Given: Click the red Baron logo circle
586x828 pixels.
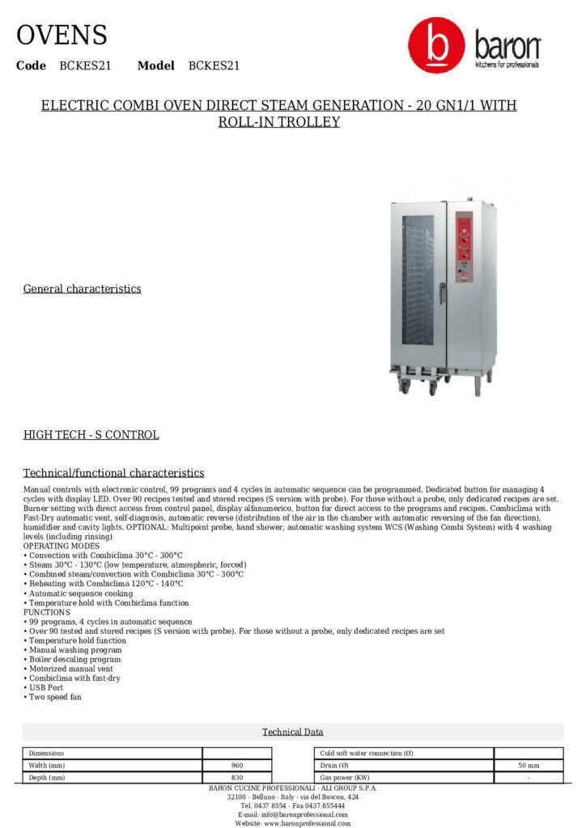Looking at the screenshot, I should [x=436, y=47].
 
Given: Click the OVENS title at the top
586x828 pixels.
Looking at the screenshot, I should [x=62, y=36].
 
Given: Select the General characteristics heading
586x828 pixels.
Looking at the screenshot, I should [x=82, y=289].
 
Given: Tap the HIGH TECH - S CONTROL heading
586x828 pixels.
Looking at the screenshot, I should [x=91, y=435].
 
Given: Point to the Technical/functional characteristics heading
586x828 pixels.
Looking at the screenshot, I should [x=113, y=473].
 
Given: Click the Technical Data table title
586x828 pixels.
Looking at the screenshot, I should [x=292, y=732].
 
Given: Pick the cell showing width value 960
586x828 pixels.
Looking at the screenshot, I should [x=237, y=765].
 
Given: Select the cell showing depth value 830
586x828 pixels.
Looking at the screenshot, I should [x=237, y=777].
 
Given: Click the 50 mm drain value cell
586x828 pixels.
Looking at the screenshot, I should [x=528, y=765].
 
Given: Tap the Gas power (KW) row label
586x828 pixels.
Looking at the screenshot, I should [x=345, y=777].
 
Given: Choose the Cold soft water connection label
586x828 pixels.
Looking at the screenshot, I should [x=367, y=753].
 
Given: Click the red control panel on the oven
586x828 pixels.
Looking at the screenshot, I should [x=464, y=247].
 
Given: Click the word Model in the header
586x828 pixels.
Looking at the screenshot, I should [x=156, y=65].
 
